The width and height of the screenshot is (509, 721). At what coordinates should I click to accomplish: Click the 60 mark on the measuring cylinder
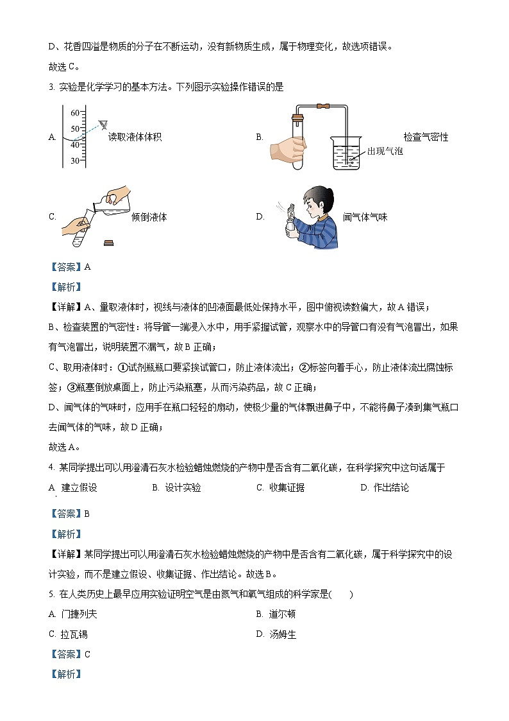pos(75,113)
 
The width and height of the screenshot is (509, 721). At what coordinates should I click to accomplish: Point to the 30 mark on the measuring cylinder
pos(75,161)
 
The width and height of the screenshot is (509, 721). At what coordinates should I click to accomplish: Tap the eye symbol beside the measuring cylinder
pos(103,124)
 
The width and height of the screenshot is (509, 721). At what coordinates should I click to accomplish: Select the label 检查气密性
pos(426,137)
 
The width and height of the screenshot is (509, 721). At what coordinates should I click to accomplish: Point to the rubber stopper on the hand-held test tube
pos(297,117)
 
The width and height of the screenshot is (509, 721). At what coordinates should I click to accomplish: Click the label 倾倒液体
pos(149,217)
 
